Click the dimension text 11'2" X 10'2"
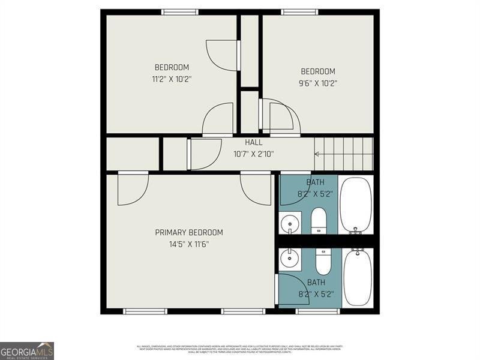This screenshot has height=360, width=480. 172,79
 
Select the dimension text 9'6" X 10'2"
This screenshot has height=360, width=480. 317,83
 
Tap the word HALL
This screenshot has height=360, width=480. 253,143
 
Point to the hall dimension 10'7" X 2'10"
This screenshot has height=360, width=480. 253,154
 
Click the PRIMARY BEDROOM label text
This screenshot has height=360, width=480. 189,233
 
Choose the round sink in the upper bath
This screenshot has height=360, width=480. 290,223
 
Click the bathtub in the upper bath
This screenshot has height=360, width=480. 356,205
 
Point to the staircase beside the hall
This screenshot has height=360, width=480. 344,154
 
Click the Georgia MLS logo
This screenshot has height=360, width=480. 27,350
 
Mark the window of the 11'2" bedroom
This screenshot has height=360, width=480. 180,11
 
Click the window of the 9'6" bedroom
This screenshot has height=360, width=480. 301,11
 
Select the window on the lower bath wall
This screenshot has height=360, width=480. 317,311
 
